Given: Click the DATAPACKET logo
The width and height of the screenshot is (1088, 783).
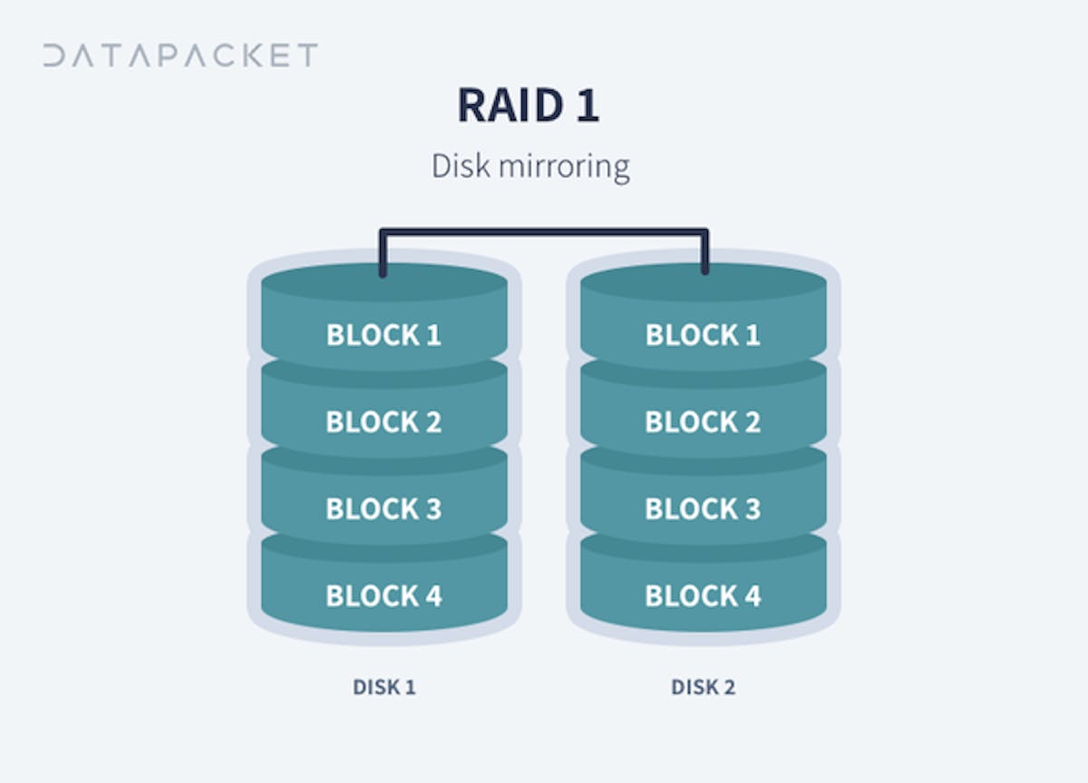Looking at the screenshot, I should pos(180,55).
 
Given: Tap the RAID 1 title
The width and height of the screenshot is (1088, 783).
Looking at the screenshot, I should pos(529,106).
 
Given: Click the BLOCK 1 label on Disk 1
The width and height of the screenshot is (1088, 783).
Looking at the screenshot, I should pos(384,335).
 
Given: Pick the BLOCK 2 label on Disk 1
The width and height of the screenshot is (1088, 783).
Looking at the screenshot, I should pos(384,422).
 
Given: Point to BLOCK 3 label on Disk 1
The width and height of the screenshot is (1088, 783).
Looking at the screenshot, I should pos(384,509).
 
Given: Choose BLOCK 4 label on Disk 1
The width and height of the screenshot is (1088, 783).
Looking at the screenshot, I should pos(384,596).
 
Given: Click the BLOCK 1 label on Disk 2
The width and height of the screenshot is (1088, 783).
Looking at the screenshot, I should pos(703,335).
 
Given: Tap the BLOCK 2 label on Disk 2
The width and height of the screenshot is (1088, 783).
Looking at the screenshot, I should pos(703,422).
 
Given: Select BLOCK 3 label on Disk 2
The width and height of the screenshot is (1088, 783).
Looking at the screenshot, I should pos(703,509).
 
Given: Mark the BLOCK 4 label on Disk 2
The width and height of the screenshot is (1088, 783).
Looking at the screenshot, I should pos(703,596).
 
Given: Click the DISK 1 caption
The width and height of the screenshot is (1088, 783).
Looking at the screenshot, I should pos(384,687).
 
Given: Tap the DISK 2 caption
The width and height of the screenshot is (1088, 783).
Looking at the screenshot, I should pos(704,687).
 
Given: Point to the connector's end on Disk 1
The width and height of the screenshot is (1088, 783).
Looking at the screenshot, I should pos(384,270).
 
